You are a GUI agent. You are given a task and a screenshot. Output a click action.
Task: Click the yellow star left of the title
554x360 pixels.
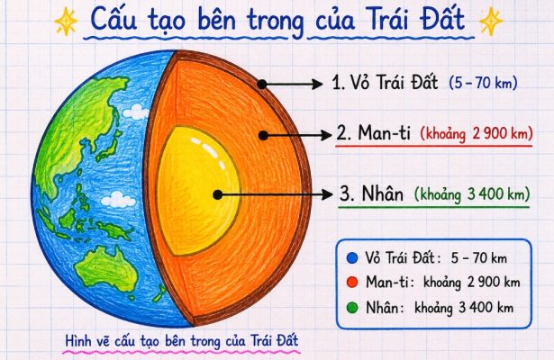tap(66, 22)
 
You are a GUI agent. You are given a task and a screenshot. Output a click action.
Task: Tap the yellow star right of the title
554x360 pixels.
tap(491, 22)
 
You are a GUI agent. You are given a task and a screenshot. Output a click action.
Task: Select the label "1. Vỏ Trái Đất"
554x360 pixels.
tap(386, 83)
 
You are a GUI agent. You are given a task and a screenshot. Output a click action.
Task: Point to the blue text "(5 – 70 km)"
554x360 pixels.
tap(484, 83)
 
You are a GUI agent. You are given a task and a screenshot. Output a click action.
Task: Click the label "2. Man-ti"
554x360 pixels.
tap(374, 133)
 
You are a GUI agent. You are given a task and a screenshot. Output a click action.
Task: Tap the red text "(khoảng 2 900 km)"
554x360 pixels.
tap(477, 134)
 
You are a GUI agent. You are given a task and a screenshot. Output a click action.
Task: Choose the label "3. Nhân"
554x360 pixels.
tap(371, 193)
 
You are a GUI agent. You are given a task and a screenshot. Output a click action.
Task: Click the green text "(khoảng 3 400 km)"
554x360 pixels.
tap(472, 194)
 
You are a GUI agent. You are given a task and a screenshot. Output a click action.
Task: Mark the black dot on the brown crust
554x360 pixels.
tap(262, 85)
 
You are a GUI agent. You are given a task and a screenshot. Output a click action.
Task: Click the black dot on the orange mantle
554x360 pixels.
tap(263, 136)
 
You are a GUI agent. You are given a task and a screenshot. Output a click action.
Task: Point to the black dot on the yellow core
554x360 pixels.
tap(218, 194)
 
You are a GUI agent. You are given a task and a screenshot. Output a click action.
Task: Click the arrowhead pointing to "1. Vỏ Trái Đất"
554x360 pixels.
tap(316, 85)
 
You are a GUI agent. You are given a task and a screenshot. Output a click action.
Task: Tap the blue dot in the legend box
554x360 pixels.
tap(352, 258)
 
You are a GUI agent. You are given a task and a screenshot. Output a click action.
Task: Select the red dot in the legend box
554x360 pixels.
tap(352, 283)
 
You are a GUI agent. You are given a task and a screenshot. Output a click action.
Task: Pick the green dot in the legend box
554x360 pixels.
tap(352, 308)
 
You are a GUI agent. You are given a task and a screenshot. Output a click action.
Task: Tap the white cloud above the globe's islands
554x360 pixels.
tap(118, 200)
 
